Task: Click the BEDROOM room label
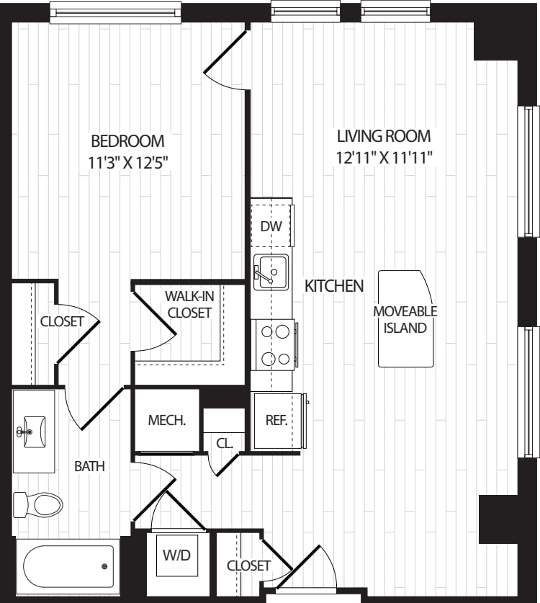click(127, 140)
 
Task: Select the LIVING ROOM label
click(384, 135)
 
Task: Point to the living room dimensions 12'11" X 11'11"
click(384, 156)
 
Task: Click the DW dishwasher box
click(271, 226)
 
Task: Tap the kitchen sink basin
click(271, 272)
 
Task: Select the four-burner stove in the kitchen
click(274, 345)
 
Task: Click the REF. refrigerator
click(277, 421)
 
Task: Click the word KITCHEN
click(334, 286)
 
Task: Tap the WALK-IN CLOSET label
click(189, 304)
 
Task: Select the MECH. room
click(167, 421)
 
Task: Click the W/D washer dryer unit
click(176, 556)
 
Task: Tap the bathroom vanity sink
click(32, 432)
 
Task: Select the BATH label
click(90, 466)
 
